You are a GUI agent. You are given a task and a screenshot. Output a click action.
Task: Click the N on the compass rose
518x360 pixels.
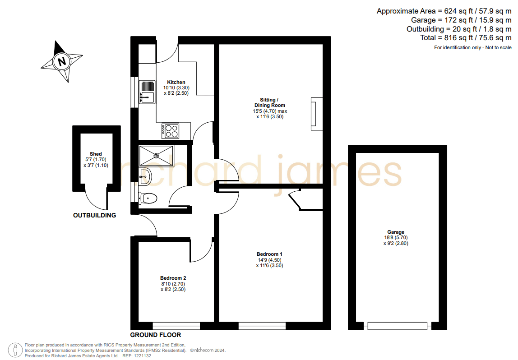click(61, 62)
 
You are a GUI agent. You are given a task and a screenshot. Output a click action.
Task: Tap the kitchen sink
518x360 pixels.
click(147, 92)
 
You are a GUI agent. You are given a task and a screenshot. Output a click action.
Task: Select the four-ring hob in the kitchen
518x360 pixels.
click(171, 131)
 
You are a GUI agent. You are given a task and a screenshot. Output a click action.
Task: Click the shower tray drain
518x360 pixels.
click(156, 156)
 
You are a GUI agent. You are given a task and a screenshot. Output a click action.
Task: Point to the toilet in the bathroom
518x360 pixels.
click(148, 198)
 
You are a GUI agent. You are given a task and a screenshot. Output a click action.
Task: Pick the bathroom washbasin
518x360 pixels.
click(145, 177)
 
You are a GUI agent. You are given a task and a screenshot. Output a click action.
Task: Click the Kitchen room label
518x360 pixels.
click(176, 82)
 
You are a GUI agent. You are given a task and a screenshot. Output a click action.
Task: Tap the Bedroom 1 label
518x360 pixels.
click(269, 254)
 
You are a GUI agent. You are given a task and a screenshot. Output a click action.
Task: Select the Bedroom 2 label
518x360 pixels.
click(173, 278)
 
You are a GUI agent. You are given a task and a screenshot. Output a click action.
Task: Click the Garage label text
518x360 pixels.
click(396, 232)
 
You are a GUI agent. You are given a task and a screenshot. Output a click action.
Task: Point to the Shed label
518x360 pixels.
click(96, 154)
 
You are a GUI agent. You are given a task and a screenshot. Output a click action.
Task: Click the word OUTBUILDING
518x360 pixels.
click(94, 215)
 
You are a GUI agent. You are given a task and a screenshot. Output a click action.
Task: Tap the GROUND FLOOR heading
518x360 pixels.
click(156, 335)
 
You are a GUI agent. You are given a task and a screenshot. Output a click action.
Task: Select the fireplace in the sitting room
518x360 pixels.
click(316, 114)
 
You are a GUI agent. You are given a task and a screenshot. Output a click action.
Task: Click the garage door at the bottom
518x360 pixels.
click(397, 326)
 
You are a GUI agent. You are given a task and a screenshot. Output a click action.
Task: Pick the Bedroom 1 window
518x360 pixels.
click(262, 326)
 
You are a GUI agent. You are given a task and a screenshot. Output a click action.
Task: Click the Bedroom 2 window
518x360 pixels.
click(176, 326)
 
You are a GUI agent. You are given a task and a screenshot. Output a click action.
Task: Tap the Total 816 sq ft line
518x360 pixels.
click(466, 37)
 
